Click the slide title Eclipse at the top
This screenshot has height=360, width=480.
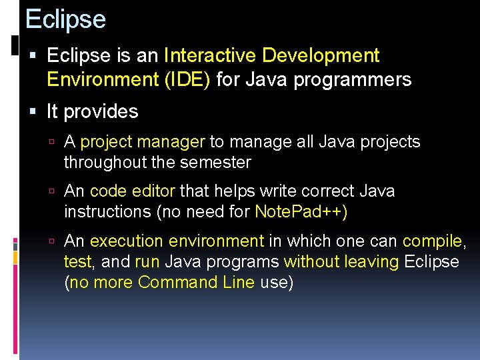[65, 19]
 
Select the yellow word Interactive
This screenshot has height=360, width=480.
[211, 55]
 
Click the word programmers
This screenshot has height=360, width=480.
[353, 80]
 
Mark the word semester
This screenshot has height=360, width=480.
[217, 162]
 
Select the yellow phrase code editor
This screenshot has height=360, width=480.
[132, 191]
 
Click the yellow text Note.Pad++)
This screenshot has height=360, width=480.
[301, 212]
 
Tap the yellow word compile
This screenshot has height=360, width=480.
[433, 241]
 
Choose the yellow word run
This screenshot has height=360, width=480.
[147, 262]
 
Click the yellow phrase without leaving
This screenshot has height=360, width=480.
[341, 262]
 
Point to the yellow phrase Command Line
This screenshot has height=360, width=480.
[196, 282]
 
